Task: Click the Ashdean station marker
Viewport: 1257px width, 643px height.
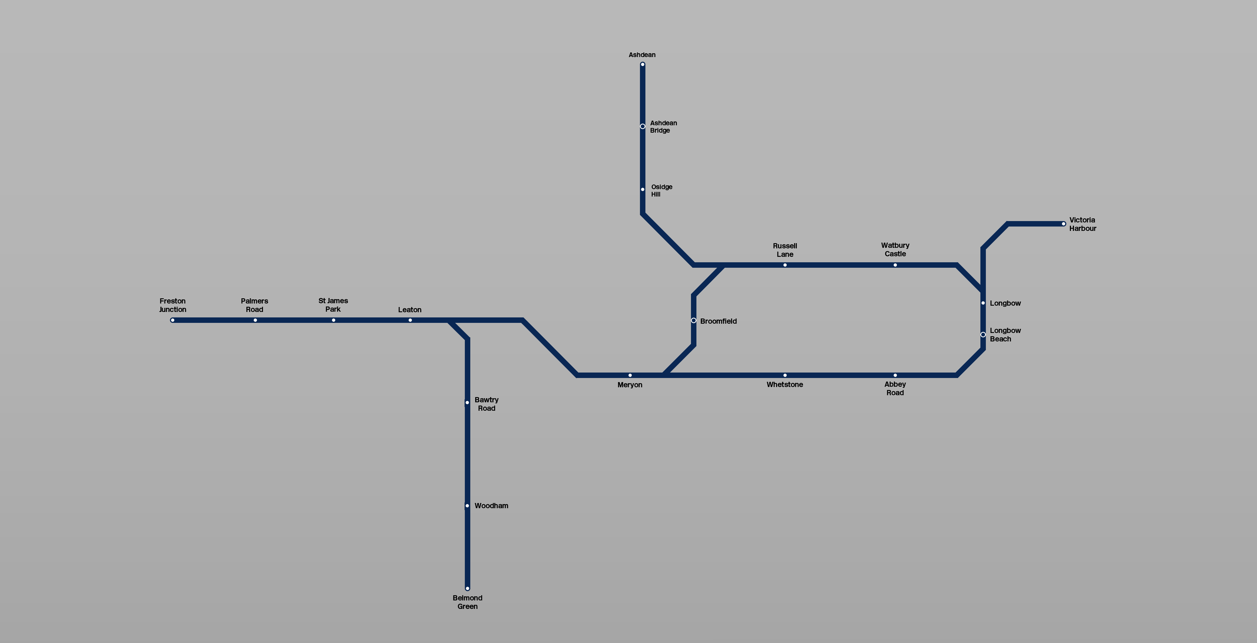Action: [x=643, y=64]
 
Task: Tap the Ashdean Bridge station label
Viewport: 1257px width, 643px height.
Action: [x=663, y=126]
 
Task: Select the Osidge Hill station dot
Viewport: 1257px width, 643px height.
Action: [x=643, y=189]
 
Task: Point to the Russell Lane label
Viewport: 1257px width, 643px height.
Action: [x=785, y=250]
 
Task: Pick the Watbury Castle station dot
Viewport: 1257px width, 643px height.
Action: [x=895, y=265]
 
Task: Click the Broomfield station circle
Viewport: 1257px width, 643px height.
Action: [x=693, y=320]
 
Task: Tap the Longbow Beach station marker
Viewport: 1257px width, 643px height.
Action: [x=983, y=334]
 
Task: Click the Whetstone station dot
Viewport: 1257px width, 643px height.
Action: [x=785, y=375]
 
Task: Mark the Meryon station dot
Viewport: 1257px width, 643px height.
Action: [x=630, y=375]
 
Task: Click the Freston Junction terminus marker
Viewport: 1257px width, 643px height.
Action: [x=172, y=320]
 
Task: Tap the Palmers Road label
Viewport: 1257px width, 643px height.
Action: [x=254, y=305]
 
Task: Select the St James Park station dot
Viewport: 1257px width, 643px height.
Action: [x=333, y=320]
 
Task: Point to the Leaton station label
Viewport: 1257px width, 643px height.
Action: [x=409, y=309]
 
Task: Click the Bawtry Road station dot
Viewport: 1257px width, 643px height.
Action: [x=467, y=403]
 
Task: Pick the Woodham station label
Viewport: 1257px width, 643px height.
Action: [x=491, y=506]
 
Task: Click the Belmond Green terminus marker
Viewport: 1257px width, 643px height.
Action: [x=467, y=588]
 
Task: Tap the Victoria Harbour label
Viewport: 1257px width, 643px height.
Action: [x=1082, y=224]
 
